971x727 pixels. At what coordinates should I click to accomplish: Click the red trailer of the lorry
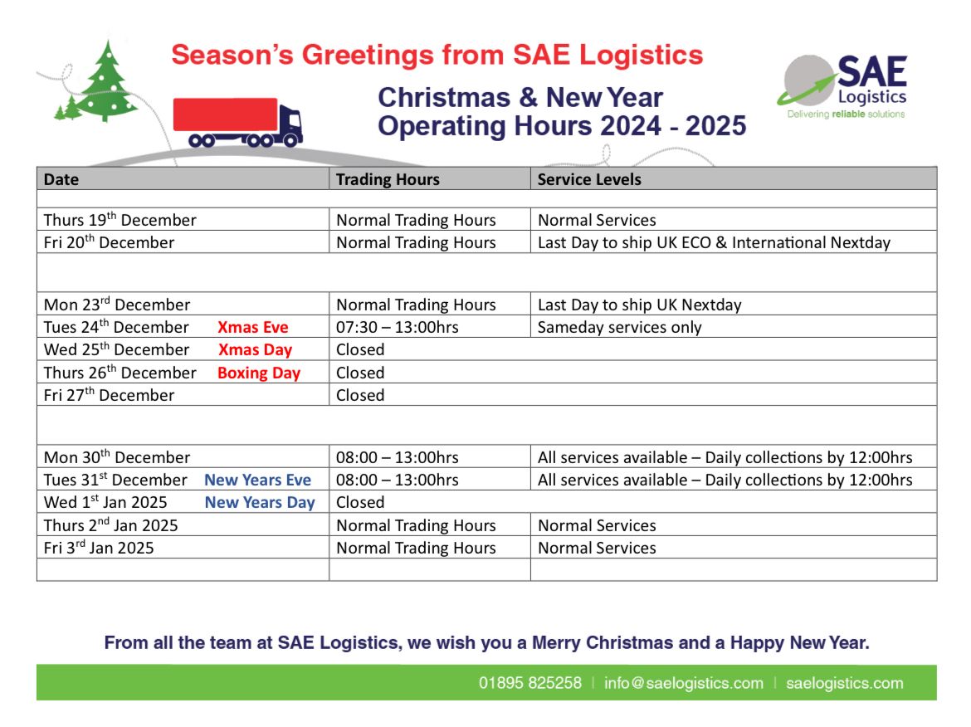tap(225, 115)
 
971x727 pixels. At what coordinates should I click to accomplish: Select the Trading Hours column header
tap(388, 179)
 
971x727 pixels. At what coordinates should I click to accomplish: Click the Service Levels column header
tap(589, 179)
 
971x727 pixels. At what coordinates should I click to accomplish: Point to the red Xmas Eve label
tap(253, 327)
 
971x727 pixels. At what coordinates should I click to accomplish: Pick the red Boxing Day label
tap(258, 373)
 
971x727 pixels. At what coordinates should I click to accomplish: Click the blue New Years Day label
tap(260, 502)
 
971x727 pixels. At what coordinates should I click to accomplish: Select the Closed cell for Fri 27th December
tap(360, 395)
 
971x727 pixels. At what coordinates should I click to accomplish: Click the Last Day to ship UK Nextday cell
tap(639, 305)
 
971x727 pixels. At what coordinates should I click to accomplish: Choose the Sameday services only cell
tap(619, 327)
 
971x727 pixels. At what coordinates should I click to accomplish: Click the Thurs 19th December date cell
tap(120, 220)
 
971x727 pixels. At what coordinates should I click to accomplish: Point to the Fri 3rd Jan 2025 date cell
tap(99, 548)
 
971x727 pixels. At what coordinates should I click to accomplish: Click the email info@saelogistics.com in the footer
tap(683, 683)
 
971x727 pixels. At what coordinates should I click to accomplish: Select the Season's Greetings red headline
tap(437, 56)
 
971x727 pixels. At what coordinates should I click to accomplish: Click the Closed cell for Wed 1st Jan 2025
tap(360, 502)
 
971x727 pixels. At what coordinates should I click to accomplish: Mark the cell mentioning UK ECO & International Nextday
tap(714, 242)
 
